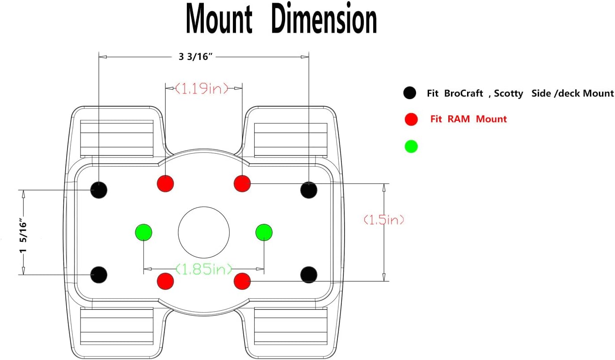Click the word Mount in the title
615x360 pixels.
click(x=219, y=19)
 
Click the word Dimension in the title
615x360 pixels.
click(x=324, y=18)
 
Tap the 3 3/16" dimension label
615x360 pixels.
click(x=195, y=57)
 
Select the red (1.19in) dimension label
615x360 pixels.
click(x=202, y=88)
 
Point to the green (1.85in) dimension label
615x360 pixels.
click(x=204, y=269)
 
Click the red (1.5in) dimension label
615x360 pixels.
click(x=384, y=220)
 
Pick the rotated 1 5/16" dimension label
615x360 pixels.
click(x=23, y=236)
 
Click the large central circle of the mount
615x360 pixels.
click(x=204, y=207)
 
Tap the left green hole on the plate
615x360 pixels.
click(x=143, y=233)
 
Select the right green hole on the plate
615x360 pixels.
click(x=264, y=233)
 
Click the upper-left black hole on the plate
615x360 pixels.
click(x=99, y=190)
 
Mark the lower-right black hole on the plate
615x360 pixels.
click(x=309, y=275)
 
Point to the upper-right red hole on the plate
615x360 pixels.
click(x=242, y=183)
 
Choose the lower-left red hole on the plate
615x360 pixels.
click(x=165, y=281)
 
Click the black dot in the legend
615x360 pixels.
click(x=410, y=93)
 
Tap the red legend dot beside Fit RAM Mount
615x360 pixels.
click(x=411, y=119)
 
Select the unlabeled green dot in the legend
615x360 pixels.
click(x=411, y=146)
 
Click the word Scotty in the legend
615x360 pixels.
click(x=509, y=93)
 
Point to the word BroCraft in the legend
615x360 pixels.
click(x=463, y=93)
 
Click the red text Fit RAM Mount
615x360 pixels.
click(x=468, y=119)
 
